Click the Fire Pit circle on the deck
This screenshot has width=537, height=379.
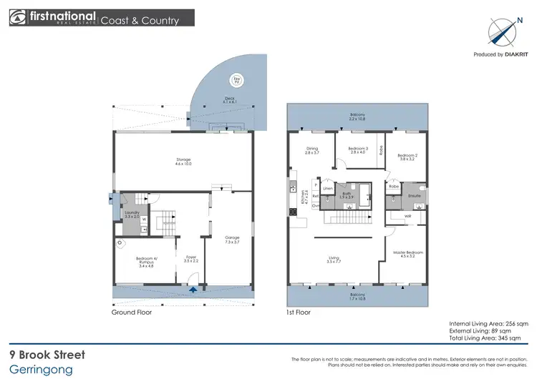pos(236,80)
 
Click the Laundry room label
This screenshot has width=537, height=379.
pos(132,213)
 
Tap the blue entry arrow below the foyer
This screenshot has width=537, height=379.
pos(196,290)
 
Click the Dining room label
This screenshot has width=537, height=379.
pos(311,150)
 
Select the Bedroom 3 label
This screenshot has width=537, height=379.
pos(358,150)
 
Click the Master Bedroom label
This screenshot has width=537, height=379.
pos(408,255)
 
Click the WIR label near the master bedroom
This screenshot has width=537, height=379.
pos(408,215)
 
